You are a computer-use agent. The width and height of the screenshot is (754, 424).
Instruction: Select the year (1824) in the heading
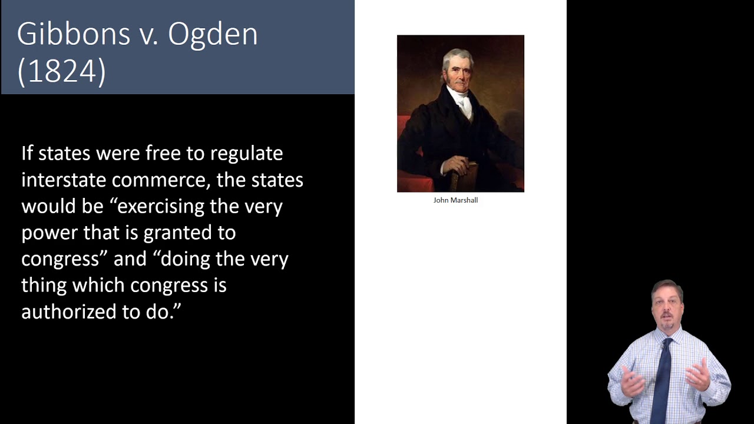[x=61, y=71]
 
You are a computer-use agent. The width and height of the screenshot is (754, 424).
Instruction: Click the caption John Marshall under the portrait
[x=455, y=200]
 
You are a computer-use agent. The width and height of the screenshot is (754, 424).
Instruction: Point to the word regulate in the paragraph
[x=246, y=154]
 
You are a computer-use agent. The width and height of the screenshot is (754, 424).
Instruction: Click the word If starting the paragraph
[x=27, y=153]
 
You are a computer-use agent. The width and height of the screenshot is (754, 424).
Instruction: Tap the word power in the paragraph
[x=49, y=233]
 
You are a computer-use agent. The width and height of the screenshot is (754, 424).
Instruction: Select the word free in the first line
[x=163, y=153]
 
